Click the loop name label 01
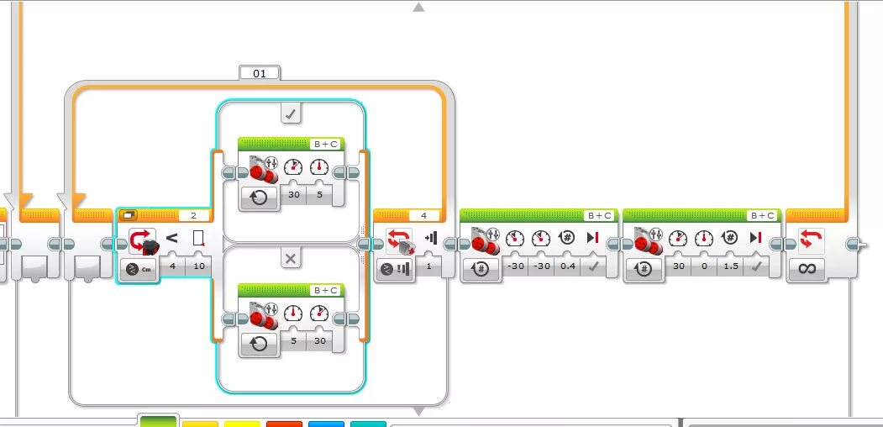(x=260, y=73)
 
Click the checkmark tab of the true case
(x=291, y=113)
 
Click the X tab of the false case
(x=291, y=259)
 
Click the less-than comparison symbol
(x=171, y=239)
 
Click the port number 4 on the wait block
(x=423, y=215)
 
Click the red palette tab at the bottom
(x=283, y=423)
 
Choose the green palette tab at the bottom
(x=158, y=420)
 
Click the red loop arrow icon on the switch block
(x=140, y=240)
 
